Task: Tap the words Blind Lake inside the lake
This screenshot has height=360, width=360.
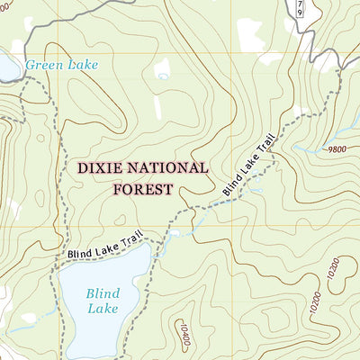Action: click(102, 301)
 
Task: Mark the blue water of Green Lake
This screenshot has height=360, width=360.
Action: click(7, 68)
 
